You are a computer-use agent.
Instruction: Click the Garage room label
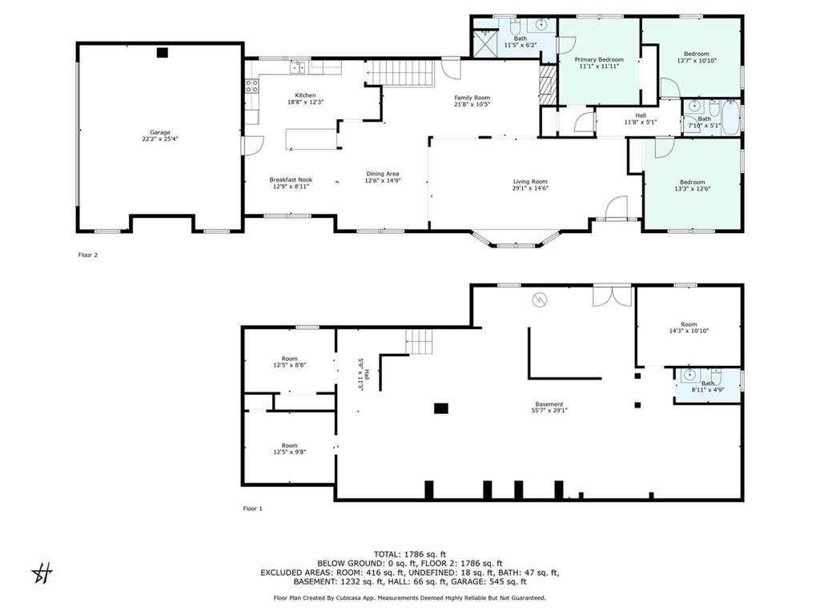pyautogui.click(x=160, y=135)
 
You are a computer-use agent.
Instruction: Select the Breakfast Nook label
pyautogui.click(x=291, y=183)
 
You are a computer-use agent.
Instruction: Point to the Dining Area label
pyautogui.click(x=383, y=177)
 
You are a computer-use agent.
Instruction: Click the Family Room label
pyautogui.click(x=472, y=100)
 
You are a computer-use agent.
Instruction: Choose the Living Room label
pyautogui.click(x=530, y=185)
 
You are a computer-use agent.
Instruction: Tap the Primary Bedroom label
pyautogui.click(x=599, y=62)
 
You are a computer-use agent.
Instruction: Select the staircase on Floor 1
pyautogui.click(x=420, y=341)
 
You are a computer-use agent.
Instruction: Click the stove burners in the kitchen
pyautogui.click(x=251, y=86)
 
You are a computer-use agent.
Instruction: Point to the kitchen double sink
pyautogui.click(x=299, y=67)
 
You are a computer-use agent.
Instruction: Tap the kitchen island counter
pyautogui.click(x=312, y=139)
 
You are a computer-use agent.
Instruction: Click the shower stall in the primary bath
pyautogui.click(x=484, y=43)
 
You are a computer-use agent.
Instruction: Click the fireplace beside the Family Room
pyautogui.click(x=547, y=85)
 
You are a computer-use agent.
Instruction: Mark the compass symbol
pyautogui.click(x=42, y=573)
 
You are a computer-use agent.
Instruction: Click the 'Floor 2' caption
pyautogui.click(x=88, y=255)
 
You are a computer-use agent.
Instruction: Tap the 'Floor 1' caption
pyautogui.click(x=252, y=508)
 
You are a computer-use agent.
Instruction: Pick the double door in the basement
pyautogui.click(x=613, y=296)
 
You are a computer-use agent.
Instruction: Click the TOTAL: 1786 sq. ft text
pyautogui.click(x=410, y=554)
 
